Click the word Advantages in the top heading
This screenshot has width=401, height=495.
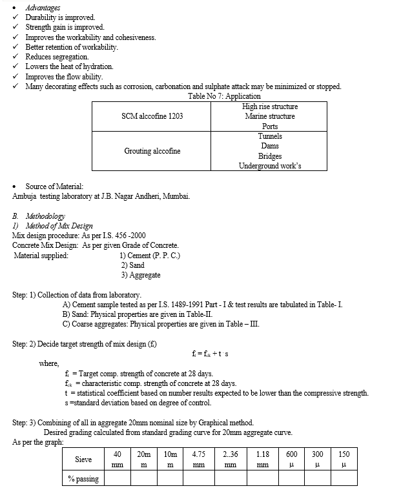(43, 7)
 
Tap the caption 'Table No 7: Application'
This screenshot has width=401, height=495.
(224, 96)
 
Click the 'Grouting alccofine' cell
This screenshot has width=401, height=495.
(152, 151)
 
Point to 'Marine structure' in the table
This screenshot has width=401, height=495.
(270, 116)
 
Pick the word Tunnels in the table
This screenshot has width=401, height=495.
(270, 136)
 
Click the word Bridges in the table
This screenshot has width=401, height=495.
(270, 156)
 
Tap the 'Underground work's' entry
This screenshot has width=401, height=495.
(270, 166)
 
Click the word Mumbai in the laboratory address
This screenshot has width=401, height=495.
(174, 196)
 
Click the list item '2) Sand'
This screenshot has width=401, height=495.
(132, 265)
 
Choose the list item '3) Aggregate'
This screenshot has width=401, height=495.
(141, 275)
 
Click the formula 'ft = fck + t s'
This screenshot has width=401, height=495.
(210, 354)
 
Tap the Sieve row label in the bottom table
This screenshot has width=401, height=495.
(84, 460)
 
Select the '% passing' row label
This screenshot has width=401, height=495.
(84, 478)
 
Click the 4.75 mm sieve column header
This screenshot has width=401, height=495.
(199, 460)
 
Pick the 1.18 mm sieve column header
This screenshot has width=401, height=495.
(262, 460)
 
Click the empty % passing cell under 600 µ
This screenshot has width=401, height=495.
(293, 478)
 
